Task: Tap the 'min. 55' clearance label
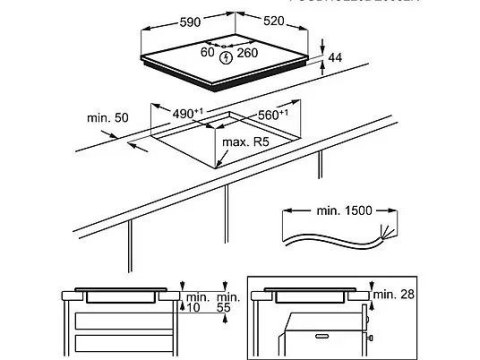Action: tap(227, 303)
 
